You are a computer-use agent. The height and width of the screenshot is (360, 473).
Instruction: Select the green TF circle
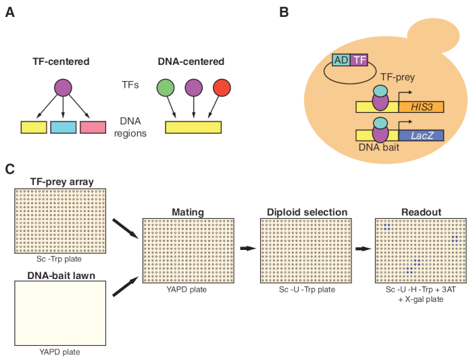point(166,88)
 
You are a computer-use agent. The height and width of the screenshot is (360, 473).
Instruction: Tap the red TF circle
point(222,88)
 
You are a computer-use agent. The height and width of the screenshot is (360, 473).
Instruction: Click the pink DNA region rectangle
point(93,127)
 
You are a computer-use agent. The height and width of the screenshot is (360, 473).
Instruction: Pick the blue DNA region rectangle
point(64,127)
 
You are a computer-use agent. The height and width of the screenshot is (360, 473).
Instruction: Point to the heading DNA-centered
point(193,61)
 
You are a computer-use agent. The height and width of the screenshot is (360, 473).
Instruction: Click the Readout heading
point(419,211)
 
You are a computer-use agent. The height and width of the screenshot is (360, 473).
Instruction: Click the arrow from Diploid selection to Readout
point(364,249)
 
